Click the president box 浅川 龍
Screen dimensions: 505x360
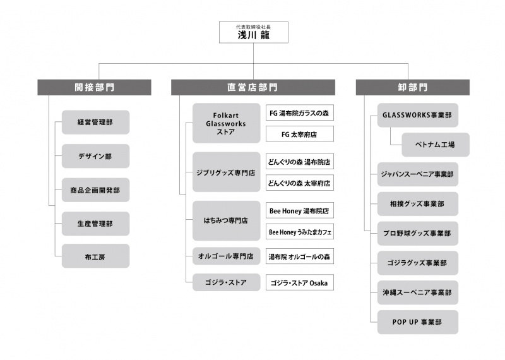[254, 32]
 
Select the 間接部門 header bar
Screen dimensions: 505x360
[94, 87]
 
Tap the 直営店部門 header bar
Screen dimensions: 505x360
[253, 87]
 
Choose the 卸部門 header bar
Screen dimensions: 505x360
[413, 87]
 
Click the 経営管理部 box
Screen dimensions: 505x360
[96, 122]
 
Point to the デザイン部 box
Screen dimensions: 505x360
[96, 156]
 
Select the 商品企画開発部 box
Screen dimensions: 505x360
[96, 190]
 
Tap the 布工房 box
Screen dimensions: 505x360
[96, 256]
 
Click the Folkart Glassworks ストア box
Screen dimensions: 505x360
[227, 123]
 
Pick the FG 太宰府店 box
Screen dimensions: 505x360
[299, 134]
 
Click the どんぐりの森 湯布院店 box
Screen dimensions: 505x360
[299, 162]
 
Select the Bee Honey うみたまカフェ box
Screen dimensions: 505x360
[299, 232]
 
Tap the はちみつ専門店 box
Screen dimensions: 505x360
[227, 221]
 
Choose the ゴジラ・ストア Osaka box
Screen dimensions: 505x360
[299, 282]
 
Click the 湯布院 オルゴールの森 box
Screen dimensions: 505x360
[299, 256]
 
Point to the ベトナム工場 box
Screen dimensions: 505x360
[436, 145]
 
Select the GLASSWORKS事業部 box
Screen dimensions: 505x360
[418, 115]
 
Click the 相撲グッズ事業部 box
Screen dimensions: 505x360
[418, 204]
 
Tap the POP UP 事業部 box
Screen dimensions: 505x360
[418, 322]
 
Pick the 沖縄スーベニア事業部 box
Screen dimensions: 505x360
[418, 292]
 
